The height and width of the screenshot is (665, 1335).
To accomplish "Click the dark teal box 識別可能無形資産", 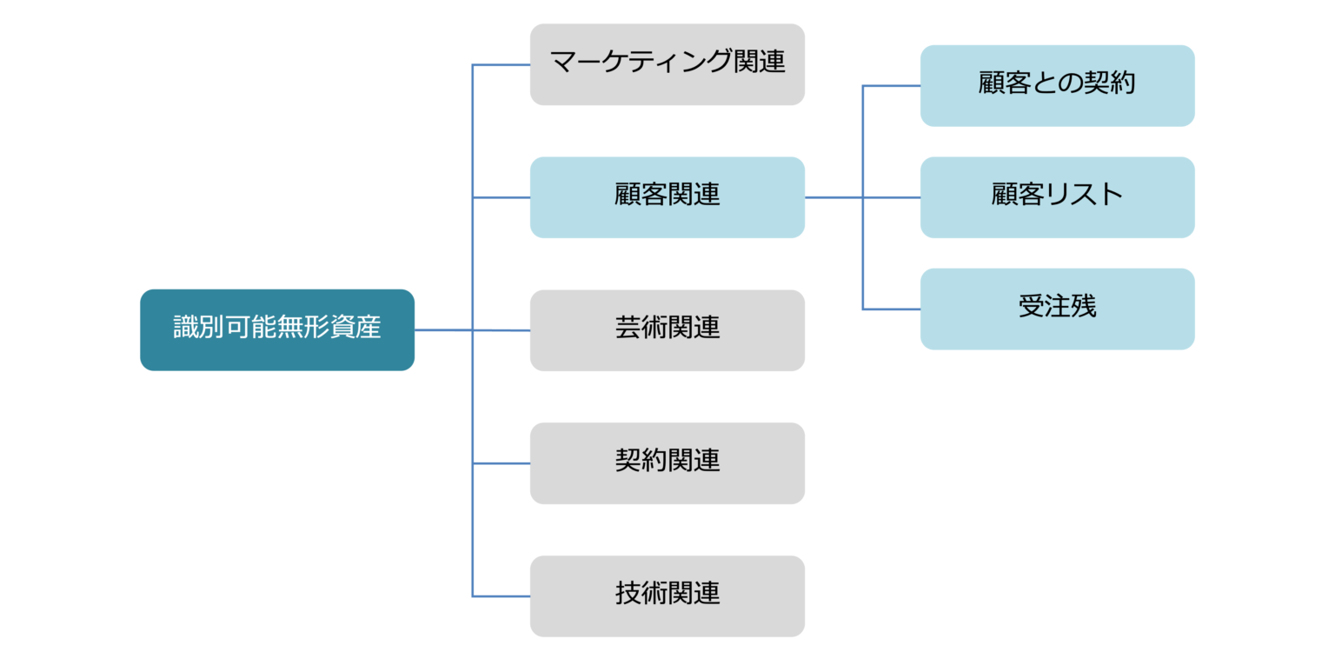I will [276, 329].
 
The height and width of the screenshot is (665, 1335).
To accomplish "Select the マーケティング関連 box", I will [667, 64].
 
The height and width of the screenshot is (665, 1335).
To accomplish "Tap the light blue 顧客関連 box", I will [667, 197].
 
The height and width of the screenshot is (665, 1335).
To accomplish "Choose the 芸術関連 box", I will [667, 330].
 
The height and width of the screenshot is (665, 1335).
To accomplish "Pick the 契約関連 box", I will [667, 463].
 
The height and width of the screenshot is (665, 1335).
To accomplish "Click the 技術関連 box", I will [667, 596].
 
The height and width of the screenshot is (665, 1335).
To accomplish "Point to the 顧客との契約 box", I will [1057, 85].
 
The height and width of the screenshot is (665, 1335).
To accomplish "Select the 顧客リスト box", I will [1057, 197].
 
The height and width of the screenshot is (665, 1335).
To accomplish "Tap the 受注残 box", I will [1057, 309].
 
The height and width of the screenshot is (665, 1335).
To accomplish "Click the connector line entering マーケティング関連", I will [501, 64].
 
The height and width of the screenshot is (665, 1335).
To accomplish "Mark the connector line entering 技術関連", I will [501, 596].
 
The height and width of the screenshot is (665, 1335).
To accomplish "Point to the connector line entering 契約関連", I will [501, 463].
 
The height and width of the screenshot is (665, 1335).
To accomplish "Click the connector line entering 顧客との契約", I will [892, 85].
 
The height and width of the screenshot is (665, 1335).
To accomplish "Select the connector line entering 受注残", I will [892, 309].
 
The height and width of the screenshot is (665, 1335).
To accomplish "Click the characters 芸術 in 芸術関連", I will [641, 329].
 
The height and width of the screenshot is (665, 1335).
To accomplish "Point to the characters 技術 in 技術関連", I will [641, 594].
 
